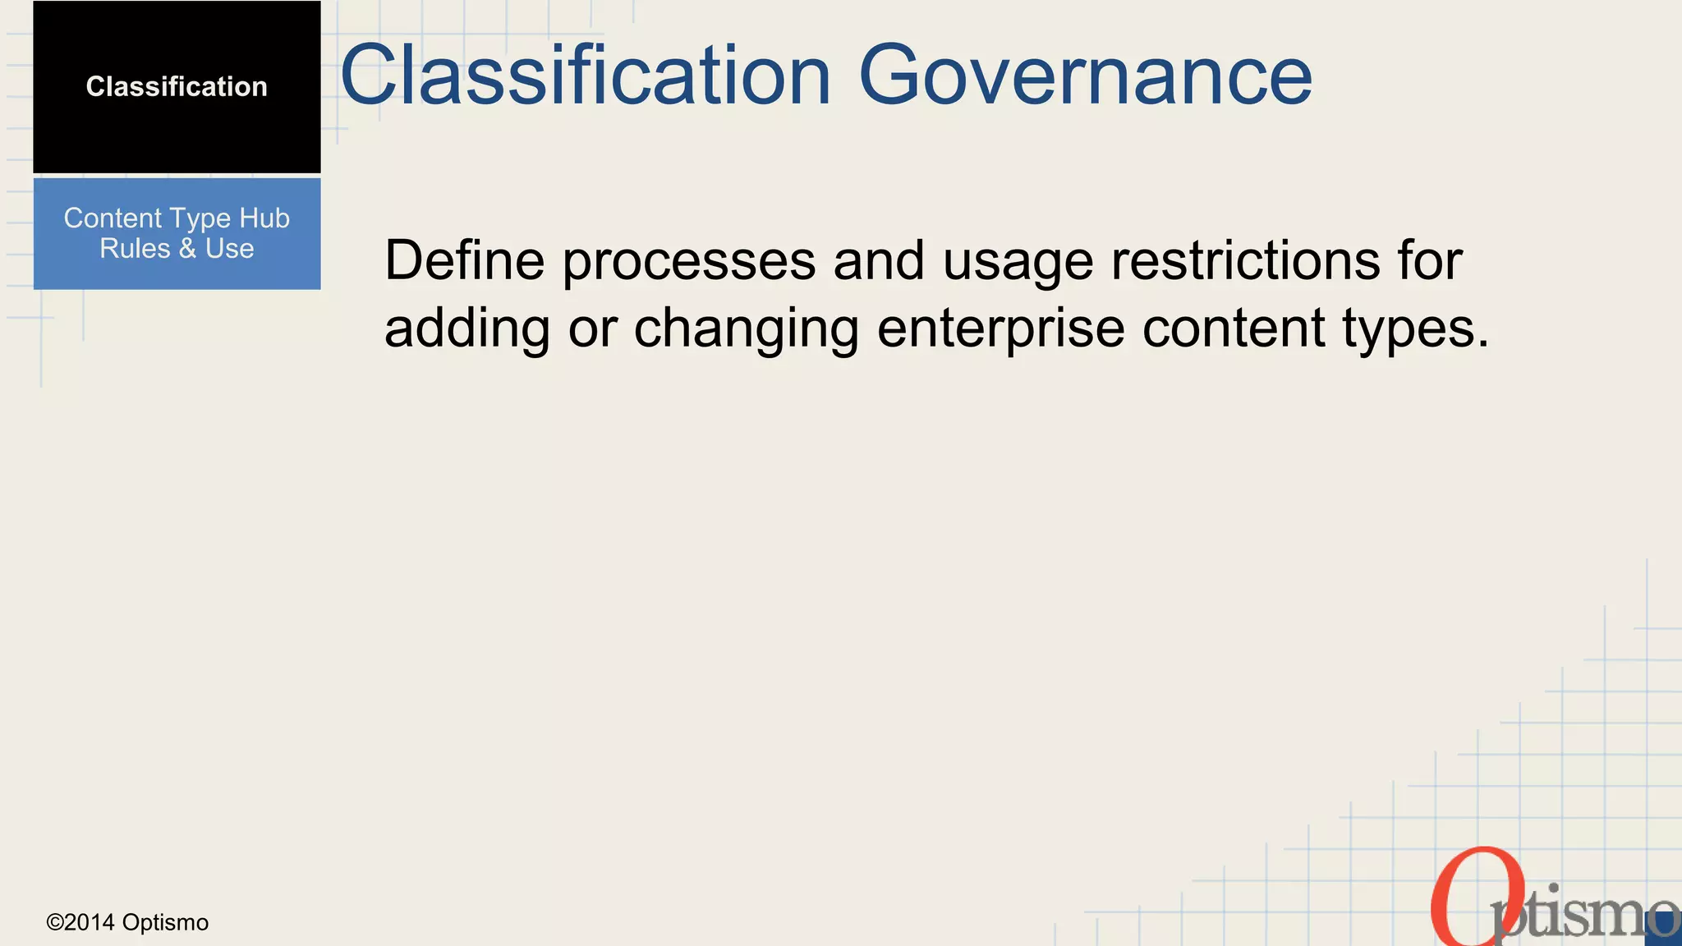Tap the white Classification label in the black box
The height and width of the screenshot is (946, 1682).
pyautogui.click(x=177, y=86)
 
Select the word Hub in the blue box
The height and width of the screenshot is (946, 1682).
pyautogui.click(x=264, y=218)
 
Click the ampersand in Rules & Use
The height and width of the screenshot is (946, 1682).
pyautogui.click(x=187, y=249)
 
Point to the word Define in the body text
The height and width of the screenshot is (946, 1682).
pyautogui.click(x=464, y=260)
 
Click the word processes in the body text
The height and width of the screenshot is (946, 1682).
pyautogui.click(x=689, y=260)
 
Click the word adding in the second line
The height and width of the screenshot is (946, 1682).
pyautogui.click(x=467, y=328)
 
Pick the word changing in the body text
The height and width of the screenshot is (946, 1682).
pyautogui.click(x=746, y=328)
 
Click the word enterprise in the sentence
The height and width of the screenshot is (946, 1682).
pyautogui.click(x=1000, y=328)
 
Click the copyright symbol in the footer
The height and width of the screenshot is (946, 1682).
pyautogui.click(x=55, y=923)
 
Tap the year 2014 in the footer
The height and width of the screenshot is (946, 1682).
pyautogui.click(x=90, y=923)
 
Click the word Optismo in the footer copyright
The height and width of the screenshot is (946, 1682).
pyautogui.click(x=165, y=923)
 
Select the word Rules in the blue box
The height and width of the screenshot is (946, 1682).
pyautogui.click(x=135, y=249)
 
